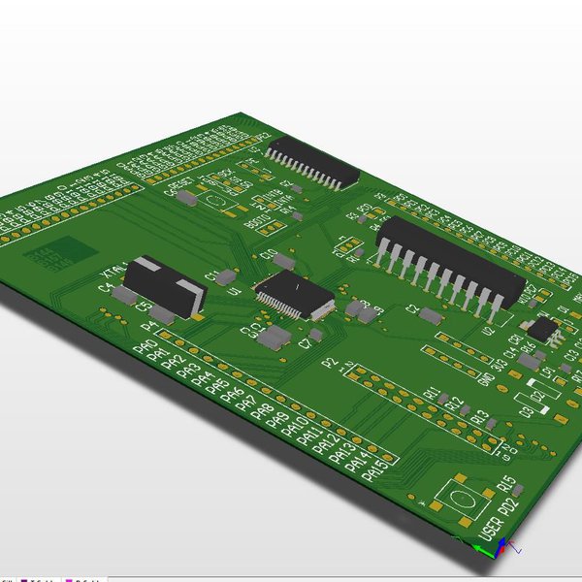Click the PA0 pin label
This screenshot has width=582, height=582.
pyautogui.click(x=145, y=347)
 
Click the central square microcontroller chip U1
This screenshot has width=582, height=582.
pyautogui.click(x=293, y=295)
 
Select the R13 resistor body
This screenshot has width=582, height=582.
pyautogui.click(x=493, y=424)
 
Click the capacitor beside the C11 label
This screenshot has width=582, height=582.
pyautogui.click(x=227, y=277)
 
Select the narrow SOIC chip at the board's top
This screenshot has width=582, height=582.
pyautogui.click(x=312, y=161)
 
